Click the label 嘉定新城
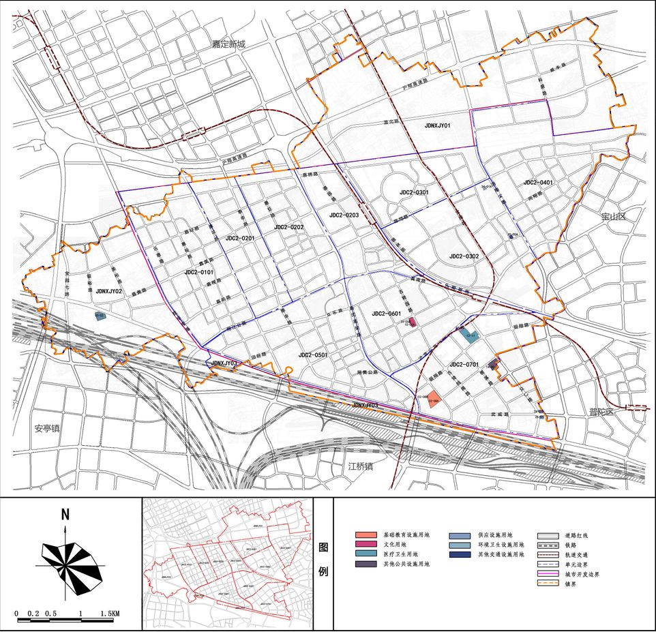coord(228,44)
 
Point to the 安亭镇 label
coord(48,429)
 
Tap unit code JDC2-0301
coord(414,193)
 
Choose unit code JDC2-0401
coord(538,183)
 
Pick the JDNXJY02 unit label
coord(108,291)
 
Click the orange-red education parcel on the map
coord(435,399)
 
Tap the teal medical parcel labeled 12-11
coord(471,335)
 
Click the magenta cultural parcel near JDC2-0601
coord(412,322)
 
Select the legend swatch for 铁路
coord(548,545)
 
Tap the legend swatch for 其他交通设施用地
coord(462,555)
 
